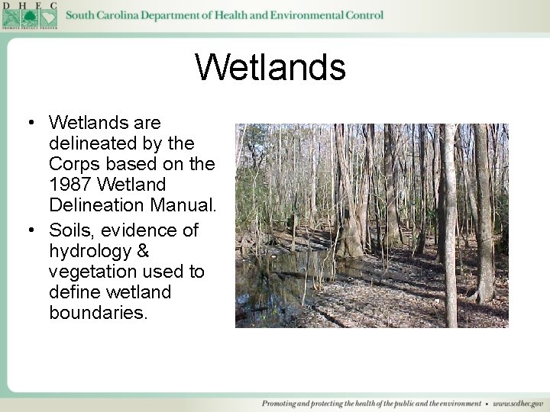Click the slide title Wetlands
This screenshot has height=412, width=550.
click(x=270, y=67)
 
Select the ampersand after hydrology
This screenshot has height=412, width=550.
click(x=142, y=251)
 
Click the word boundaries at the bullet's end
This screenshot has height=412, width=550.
click(x=98, y=313)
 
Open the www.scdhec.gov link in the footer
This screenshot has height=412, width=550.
click(x=518, y=403)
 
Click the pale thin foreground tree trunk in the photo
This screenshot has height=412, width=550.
click(x=450, y=229)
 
